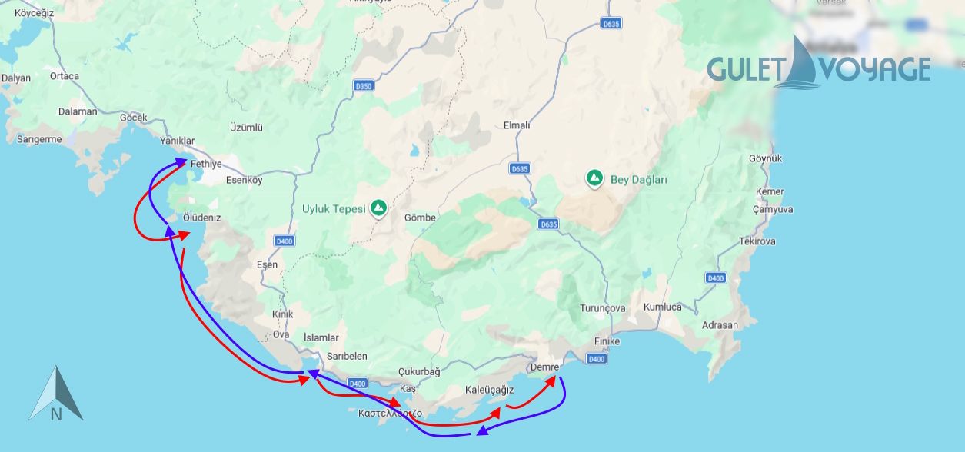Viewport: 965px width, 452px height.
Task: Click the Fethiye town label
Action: (x=206, y=164)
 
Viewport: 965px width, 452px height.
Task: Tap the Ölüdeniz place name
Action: (x=201, y=218)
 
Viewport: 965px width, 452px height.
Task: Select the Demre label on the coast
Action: (x=544, y=367)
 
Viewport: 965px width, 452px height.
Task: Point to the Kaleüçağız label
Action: (x=489, y=390)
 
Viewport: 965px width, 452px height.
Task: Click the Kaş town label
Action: (x=408, y=390)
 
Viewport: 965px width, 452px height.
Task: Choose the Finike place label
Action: (x=607, y=341)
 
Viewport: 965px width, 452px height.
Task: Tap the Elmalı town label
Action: (x=516, y=125)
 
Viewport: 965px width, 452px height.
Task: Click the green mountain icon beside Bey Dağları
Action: (x=594, y=178)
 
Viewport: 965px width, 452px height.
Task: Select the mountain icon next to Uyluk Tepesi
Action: (x=378, y=208)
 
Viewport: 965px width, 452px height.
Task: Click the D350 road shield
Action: (x=364, y=86)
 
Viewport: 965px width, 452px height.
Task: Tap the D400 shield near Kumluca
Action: (x=715, y=278)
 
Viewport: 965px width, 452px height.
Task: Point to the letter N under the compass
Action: (x=56, y=415)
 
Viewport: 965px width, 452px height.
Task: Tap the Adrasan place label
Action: (x=720, y=325)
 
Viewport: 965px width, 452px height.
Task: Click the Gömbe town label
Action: (x=420, y=218)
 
